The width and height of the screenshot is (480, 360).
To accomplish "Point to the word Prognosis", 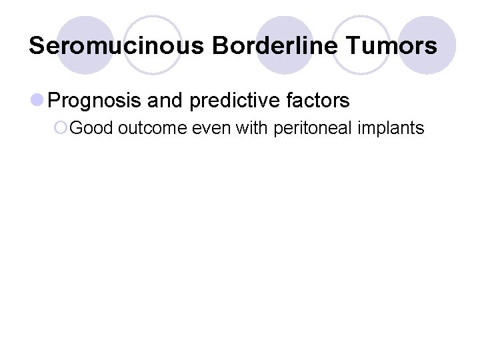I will coord(94,101).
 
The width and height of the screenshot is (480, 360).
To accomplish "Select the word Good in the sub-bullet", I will coord(91,128).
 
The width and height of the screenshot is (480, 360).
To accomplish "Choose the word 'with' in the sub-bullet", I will coord(252,128).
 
